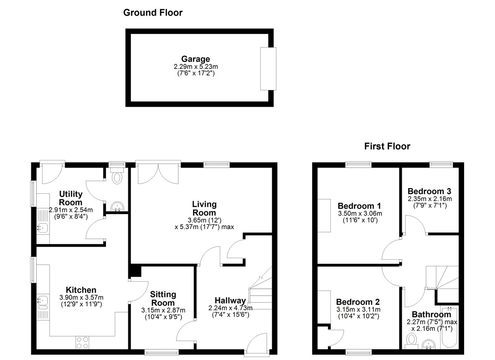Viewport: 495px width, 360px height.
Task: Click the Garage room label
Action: pos(196,59)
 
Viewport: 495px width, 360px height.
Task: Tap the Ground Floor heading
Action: pos(153,13)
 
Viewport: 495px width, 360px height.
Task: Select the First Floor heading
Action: pos(387,146)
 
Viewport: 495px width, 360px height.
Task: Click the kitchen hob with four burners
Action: pos(82,343)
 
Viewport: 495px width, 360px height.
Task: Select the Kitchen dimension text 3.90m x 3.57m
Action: pos(81,297)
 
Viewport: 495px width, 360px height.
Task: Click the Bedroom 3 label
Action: pos(429,191)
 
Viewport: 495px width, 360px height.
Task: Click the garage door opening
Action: pos(268,69)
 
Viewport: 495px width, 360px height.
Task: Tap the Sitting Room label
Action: pos(163,299)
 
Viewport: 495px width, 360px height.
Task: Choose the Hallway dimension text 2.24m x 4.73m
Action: pos(231,308)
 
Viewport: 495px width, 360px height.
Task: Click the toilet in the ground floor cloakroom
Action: pos(117,176)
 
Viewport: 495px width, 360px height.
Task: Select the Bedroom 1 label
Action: pos(360,206)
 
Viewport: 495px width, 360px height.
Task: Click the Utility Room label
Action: pos(71,198)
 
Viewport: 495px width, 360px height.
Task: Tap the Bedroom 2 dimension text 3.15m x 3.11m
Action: pos(358,309)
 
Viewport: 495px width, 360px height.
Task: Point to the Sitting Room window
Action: pos(162,352)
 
